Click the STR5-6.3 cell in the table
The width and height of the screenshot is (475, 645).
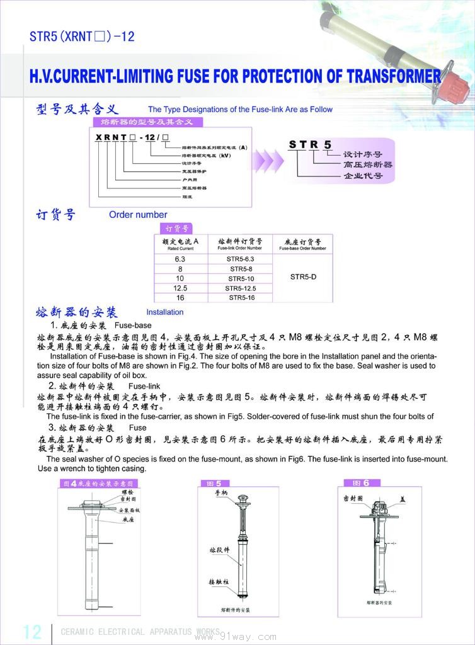[x=241, y=259]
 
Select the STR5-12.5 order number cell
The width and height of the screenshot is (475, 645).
[x=241, y=288]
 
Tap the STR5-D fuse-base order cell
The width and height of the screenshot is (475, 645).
[x=303, y=276]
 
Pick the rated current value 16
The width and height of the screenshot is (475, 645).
[x=180, y=297]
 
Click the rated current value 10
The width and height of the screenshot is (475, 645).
[x=180, y=278]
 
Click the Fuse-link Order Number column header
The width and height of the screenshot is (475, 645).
[x=240, y=244]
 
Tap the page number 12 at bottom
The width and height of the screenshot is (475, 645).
[x=32, y=632]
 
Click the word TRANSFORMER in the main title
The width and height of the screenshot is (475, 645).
[x=385, y=76]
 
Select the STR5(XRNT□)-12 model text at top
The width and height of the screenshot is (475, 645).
[x=82, y=37]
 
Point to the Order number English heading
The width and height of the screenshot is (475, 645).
[x=138, y=215]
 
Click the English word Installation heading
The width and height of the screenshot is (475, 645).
[x=165, y=312]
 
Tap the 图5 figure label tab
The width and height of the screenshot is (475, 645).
[x=215, y=483]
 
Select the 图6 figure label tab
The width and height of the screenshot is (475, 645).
[x=362, y=483]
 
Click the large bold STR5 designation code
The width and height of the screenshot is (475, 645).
[x=310, y=145]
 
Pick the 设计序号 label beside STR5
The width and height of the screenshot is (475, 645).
[x=362, y=154]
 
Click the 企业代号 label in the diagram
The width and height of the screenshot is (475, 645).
[x=362, y=176]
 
